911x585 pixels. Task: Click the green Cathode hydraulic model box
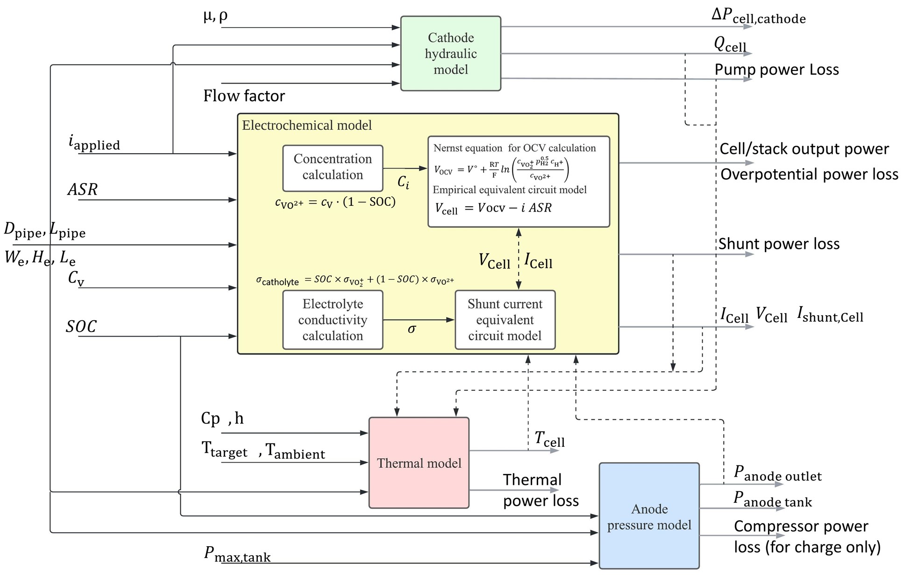point(450,54)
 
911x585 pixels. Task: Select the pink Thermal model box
point(419,463)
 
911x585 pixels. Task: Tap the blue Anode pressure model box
point(649,516)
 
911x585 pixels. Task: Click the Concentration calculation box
point(333,167)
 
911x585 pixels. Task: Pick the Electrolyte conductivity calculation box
point(333,320)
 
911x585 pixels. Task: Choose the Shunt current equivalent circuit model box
point(505,320)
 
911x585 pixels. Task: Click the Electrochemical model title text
point(307,125)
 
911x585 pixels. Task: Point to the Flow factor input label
point(244,96)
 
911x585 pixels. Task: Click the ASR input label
point(83,190)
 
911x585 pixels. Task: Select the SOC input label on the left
point(81,327)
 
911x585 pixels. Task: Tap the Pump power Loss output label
point(776,70)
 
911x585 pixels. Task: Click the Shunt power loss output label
point(779,244)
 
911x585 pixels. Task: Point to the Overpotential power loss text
point(809,175)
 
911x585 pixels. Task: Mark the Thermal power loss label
point(541,490)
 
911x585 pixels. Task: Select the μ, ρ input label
point(215,17)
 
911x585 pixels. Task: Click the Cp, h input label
point(222,418)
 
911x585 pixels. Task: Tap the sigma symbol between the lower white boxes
point(412,330)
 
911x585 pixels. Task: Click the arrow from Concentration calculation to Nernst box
point(405,168)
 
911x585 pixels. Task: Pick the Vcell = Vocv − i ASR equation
point(493,208)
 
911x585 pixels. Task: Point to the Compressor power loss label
point(807,536)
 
